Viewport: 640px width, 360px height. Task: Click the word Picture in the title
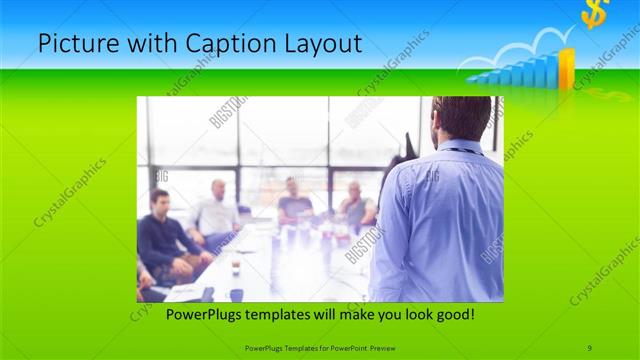point(72,45)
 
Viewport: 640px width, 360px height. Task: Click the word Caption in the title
point(205,45)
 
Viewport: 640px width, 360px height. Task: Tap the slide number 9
point(590,347)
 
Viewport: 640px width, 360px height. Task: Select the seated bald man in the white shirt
point(216,210)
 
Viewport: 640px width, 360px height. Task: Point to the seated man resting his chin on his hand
point(356,205)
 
